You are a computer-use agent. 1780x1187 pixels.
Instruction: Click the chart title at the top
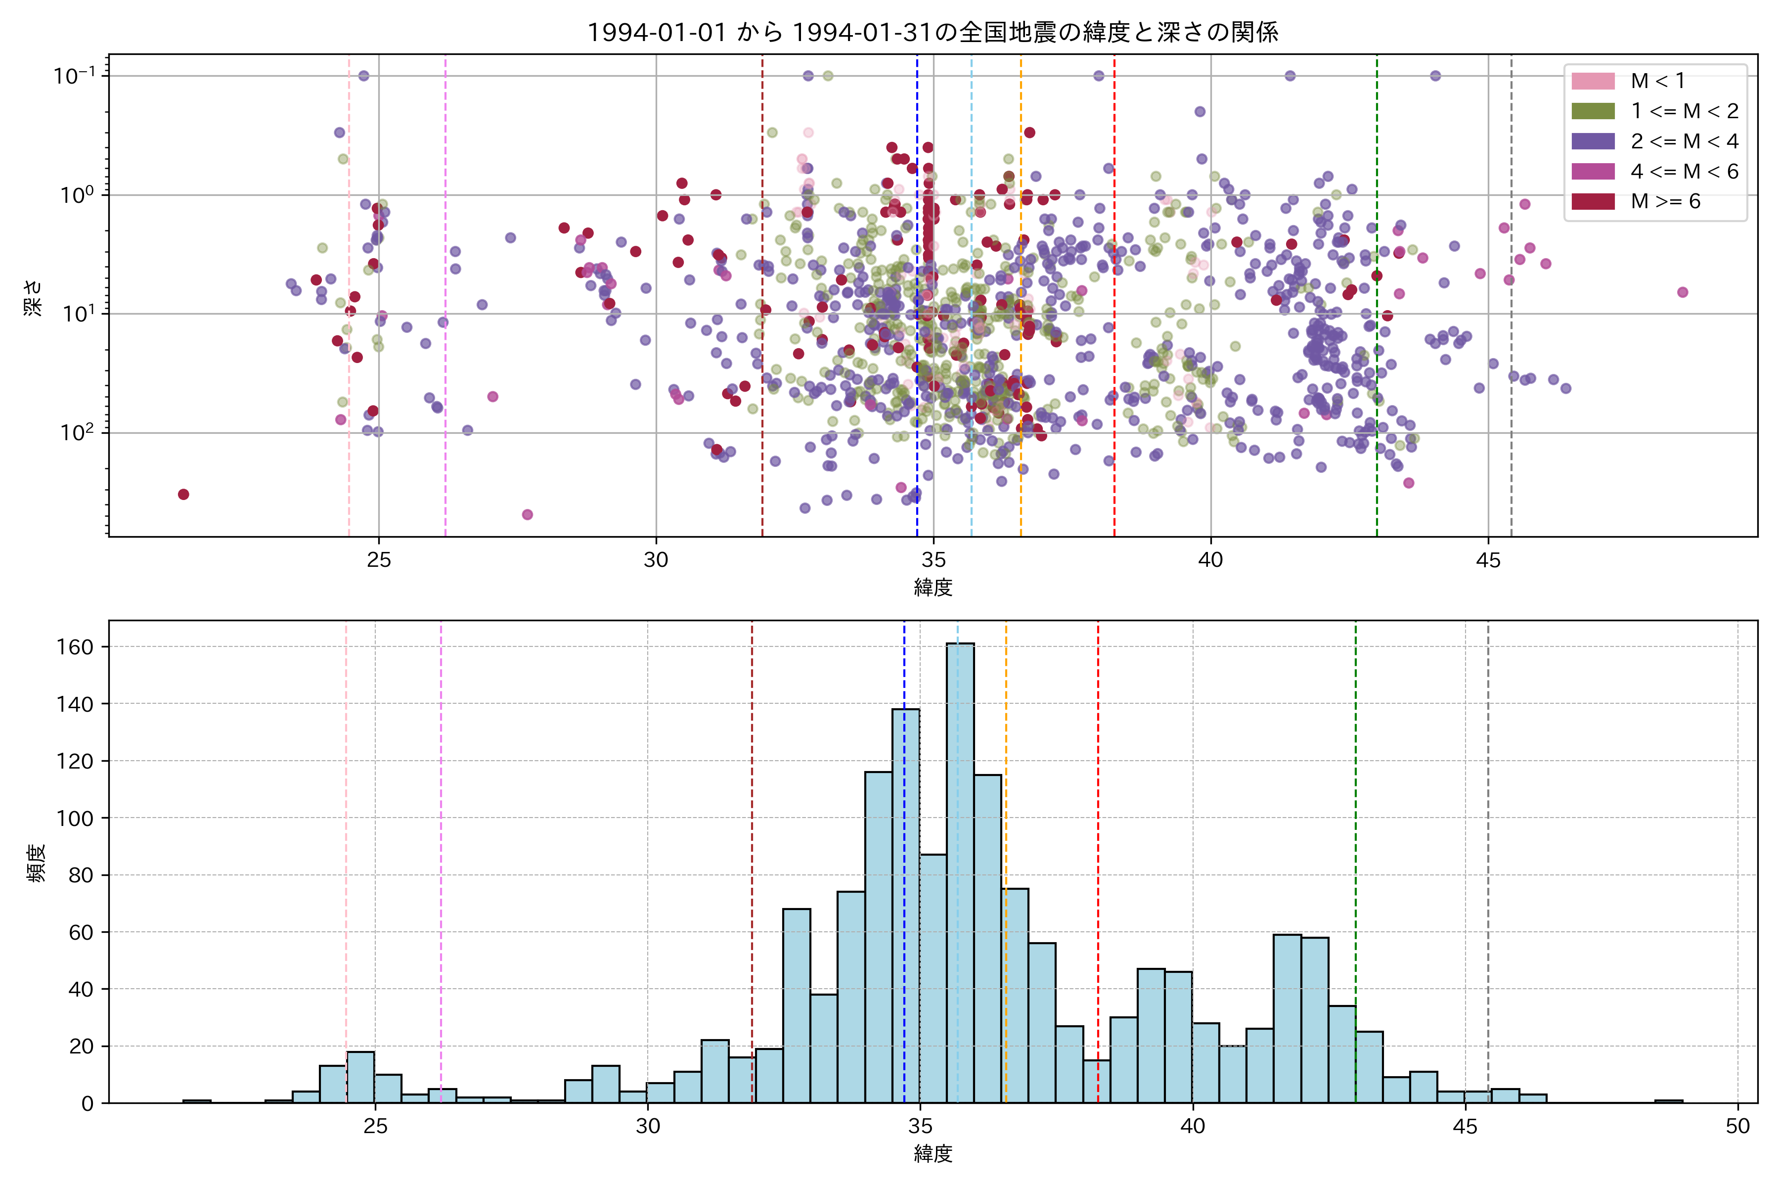click(x=933, y=32)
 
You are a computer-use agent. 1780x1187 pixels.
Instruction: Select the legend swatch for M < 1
click(x=1592, y=81)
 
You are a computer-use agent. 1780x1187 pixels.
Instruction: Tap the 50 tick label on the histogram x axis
click(x=1737, y=1127)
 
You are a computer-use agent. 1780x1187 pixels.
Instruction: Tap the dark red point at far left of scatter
click(x=183, y=494)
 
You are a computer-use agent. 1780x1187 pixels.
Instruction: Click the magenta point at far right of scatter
click(x=1683, y=292)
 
